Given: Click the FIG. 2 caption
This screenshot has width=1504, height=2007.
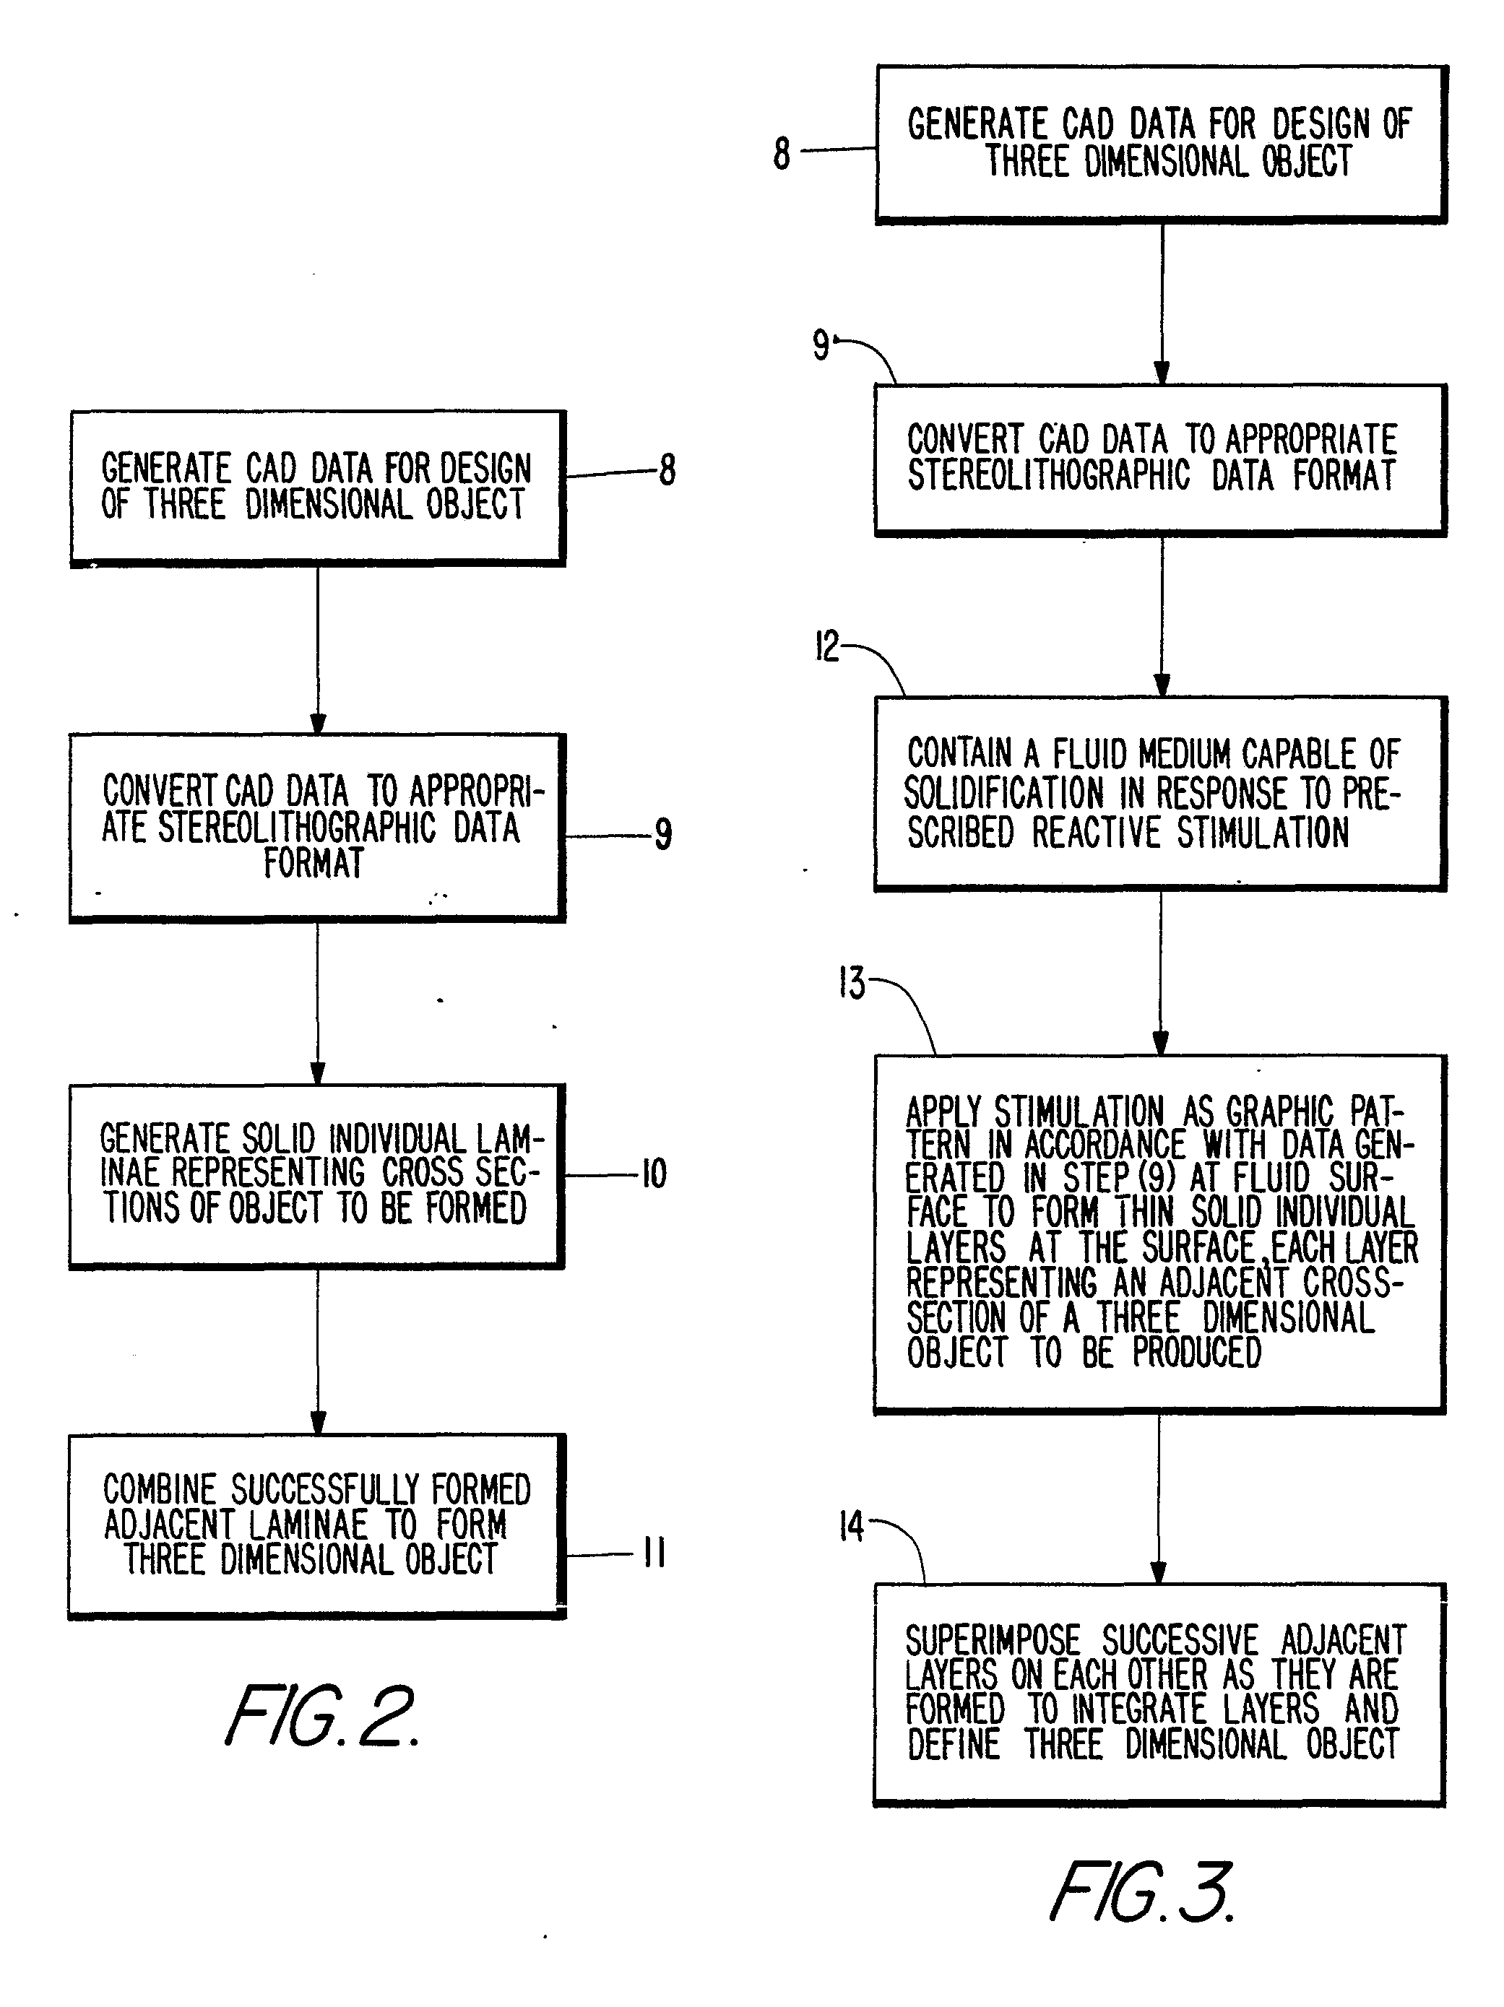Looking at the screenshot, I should click(x=322, y=1716).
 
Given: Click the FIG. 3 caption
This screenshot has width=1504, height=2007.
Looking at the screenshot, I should click(x=1142, y=1891).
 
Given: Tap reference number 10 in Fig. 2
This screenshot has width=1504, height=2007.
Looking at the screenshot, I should click(x=654, y=1174).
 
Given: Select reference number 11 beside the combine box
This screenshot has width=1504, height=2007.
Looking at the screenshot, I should click(x=654, y=1553).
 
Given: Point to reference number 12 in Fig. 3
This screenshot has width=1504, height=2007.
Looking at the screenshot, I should click(x=827, y=648).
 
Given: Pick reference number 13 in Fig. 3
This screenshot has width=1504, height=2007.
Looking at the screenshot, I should click(x=852, y=984).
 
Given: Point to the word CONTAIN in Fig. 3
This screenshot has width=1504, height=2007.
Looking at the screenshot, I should click(x=959, y=754).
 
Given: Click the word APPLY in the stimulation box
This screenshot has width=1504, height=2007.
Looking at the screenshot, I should click(x=944, y=1112).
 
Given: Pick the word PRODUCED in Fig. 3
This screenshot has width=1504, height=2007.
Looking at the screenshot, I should click(x=1197, y=1353).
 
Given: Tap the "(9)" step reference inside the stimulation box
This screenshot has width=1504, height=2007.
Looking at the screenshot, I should click(x=1157, y=1179).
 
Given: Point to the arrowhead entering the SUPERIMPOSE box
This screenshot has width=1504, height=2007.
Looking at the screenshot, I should click(x=1158, y=1572).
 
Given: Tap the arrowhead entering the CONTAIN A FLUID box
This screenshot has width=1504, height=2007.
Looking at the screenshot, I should click(x=1161, y=685).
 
